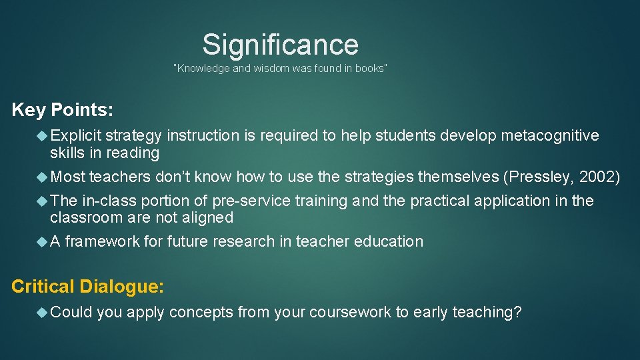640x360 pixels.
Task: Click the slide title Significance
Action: click(280, 45)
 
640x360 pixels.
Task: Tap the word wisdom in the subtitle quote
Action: click(268, 69)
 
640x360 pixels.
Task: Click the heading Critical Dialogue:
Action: click(88, 287)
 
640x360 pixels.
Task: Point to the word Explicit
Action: click(75, 136)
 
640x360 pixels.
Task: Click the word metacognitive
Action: click(550, 136)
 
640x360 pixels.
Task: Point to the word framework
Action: click(103, 241)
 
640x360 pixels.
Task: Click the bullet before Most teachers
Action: click(43, 177)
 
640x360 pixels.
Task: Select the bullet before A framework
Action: click(43, 241)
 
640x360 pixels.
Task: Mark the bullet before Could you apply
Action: click(43, 312)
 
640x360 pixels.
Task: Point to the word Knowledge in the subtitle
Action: click(203, 69)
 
